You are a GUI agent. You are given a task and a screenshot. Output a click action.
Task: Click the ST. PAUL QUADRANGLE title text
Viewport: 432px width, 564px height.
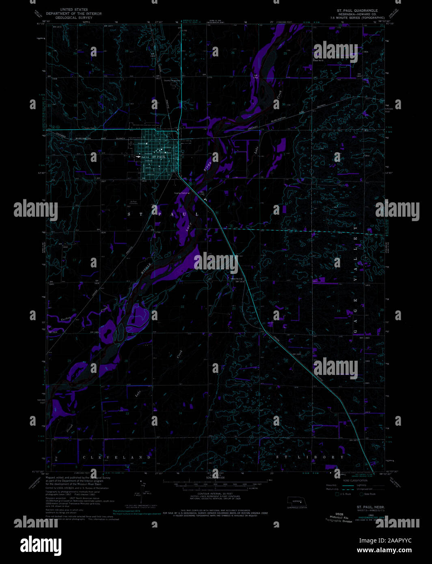pyautogui.click(x=357, y=11)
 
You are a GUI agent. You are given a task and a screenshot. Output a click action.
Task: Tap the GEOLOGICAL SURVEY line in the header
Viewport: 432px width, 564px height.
pyautogui.click(x=73, y=18)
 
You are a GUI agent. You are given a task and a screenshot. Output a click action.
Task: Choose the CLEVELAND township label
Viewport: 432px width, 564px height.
pyautogui.click(x=117, y=457)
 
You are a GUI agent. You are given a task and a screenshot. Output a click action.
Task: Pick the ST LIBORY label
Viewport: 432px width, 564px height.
pyautogui.click(x=310, y=457)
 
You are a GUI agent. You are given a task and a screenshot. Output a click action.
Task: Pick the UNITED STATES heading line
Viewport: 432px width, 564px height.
pyautogui.click(x=73, y=9)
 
